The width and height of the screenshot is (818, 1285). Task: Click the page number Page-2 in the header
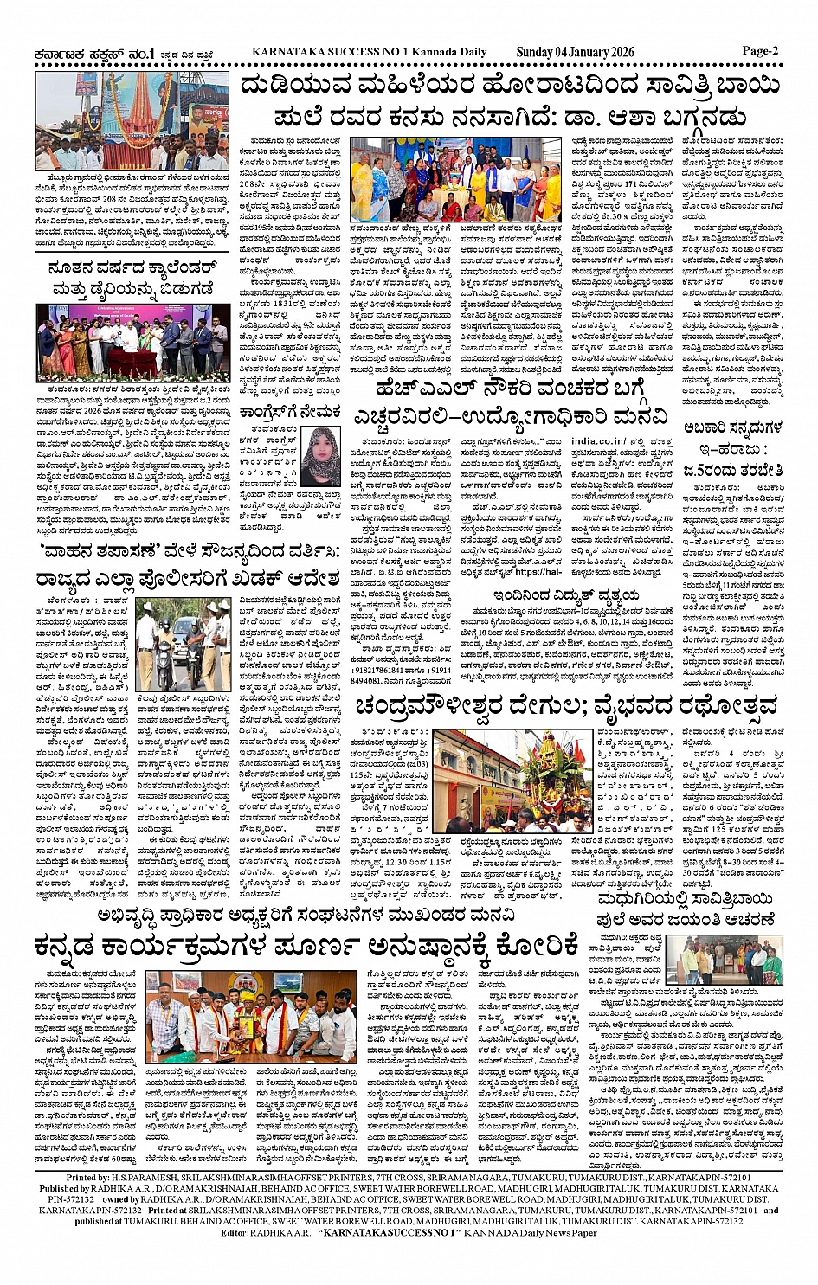click(x=759, y=51)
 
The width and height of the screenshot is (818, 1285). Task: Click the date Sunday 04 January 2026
click(x=576, y=52)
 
